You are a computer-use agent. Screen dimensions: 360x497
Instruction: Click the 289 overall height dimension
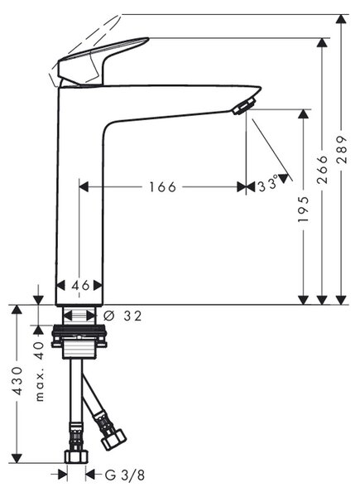click(342, 149)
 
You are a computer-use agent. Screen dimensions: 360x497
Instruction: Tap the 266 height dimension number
click(322, 170)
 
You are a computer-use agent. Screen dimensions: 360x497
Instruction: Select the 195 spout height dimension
click(304, 210)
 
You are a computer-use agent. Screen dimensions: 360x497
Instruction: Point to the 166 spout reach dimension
click(162, 187)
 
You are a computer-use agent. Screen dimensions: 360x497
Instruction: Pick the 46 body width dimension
click(80, 286)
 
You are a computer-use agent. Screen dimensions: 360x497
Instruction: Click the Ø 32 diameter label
click(122, 316)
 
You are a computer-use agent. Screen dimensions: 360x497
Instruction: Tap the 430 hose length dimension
click(17, 381)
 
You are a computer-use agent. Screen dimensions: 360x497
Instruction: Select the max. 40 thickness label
click(40, 371)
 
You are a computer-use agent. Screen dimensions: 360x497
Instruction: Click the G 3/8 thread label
click(125, 475)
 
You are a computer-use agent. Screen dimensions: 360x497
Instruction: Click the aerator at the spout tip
click(244, 106)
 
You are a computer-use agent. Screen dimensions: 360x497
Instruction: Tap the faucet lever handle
click(102, 60)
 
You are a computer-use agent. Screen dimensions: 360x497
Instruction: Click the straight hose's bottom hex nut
click(76, 456)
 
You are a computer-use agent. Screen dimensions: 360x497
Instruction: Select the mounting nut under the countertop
click(79, 336)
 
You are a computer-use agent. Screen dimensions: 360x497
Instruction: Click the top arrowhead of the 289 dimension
click(341, 19)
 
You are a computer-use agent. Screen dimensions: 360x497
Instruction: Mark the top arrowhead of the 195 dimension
click(304, 114)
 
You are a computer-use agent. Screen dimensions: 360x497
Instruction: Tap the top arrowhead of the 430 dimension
click(17, 310)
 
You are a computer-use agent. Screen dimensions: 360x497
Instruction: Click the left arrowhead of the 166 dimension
click(84, 187)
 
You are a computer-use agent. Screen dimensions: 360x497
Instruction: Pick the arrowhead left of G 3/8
click(63, 475)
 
